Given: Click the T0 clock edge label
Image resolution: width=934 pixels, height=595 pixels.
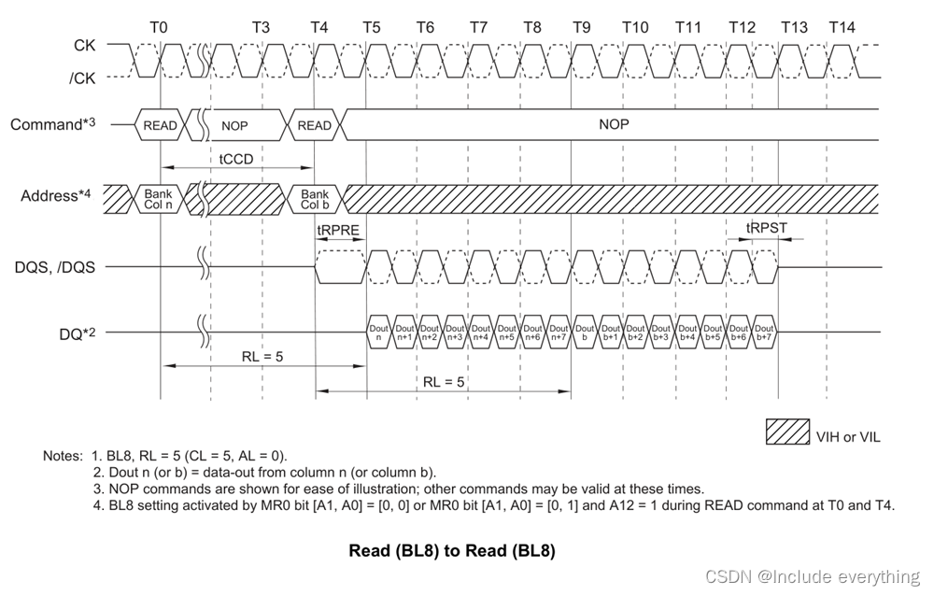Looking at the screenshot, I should click(159, 27).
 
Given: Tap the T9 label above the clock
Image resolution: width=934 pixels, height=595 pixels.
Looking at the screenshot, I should click(581, 27).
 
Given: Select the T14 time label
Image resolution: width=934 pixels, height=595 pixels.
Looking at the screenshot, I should click(842, 27).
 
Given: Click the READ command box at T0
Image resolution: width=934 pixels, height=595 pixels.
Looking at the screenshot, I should click(160, 125).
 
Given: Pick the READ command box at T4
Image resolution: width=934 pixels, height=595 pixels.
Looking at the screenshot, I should click(314, 125).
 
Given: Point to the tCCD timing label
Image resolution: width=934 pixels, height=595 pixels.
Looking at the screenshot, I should click(235, 160).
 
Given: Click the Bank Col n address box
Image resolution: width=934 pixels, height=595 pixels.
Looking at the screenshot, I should click(159, 197).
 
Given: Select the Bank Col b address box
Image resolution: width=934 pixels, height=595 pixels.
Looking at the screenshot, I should click(315, 197).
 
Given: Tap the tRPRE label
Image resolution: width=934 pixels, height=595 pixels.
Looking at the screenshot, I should click(338, 230).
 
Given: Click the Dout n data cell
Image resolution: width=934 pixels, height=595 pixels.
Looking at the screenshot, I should click(378, 333).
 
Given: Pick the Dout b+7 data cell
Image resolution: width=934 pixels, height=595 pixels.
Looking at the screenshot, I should click(764, 333).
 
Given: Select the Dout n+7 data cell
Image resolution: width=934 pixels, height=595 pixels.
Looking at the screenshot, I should click(559, 333).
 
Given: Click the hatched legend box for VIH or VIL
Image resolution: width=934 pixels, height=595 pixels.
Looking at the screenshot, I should click(788, 432).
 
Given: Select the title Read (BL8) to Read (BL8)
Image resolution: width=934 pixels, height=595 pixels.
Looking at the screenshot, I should click(452, 551).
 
